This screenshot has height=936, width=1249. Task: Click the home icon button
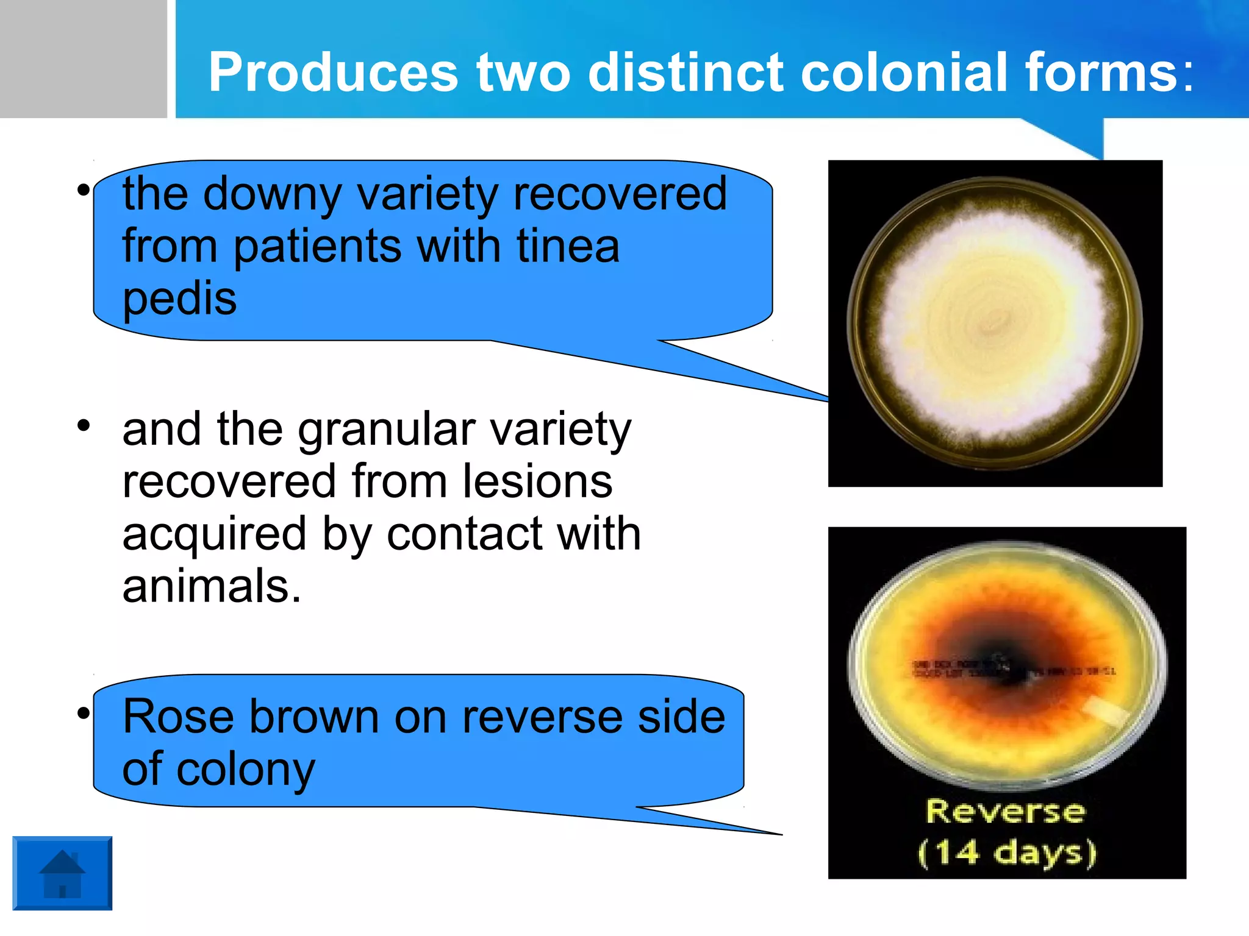(x=62, y=873)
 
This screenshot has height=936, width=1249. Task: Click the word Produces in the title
(x=333, y=73)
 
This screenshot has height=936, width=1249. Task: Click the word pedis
(x=179, y=299)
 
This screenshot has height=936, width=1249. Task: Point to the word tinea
(x=568, y=246)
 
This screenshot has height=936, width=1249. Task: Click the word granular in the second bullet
(x=386, y=430)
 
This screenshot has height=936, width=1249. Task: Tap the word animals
(x=212, y=586)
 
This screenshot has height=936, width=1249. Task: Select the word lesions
(x=537, y=481)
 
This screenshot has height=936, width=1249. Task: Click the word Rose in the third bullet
(x=177, y=717)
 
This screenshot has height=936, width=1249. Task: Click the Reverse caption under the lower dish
(x=1006, y=812)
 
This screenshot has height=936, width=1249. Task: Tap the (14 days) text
(x=1007, y=852)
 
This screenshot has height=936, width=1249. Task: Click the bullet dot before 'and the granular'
(x=84, y=425)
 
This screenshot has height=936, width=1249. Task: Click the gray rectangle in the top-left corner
(x=83, y=58)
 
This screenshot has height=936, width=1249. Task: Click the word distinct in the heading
(x=685, y=73)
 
